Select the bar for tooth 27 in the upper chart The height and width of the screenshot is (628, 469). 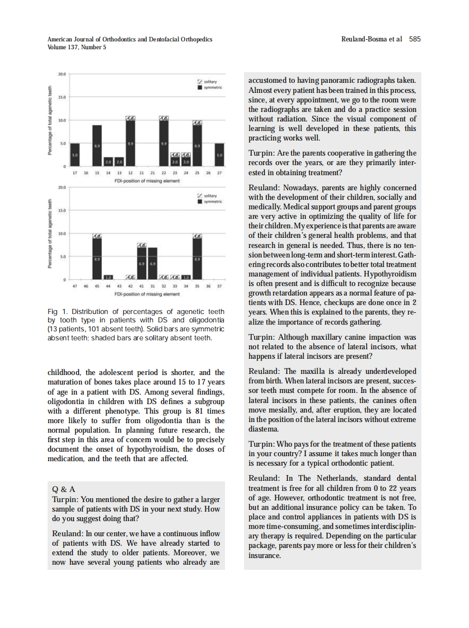219,154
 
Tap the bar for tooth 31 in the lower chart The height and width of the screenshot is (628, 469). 152,263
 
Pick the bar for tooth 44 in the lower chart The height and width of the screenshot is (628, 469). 108,277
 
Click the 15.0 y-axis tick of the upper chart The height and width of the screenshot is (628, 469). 62,97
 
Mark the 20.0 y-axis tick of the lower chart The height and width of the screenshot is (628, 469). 62,187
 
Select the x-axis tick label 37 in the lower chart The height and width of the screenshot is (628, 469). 219,286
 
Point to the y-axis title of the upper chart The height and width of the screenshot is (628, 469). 51,120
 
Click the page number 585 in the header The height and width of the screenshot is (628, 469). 415,39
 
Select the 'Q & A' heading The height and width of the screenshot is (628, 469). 63,489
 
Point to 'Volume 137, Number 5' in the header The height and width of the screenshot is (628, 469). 77,48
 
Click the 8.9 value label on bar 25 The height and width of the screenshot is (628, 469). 197,146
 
